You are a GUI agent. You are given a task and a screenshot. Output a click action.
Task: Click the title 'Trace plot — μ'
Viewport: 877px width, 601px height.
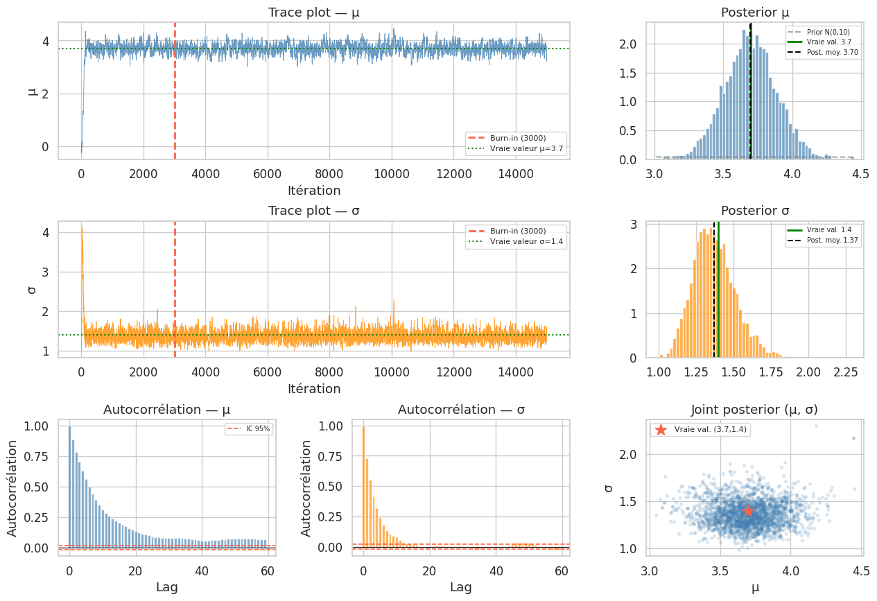pyautogui.click(x=313, y=12)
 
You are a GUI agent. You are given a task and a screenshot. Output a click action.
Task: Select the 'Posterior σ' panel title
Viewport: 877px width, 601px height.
pyautogui.click(x=755, y=211)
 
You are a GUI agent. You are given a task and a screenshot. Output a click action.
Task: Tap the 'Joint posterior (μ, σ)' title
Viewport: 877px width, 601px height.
pyautogui.click(x=755, y=409)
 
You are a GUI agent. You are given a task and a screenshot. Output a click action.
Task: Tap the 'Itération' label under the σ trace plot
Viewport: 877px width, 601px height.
pyautogui.click(x=313, y=389)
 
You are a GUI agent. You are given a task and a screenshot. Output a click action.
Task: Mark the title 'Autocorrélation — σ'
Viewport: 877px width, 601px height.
pyautogui.click(x=461, y=410)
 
